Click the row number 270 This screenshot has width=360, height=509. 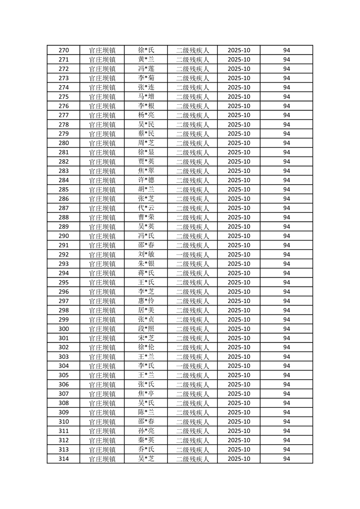click(64, 50)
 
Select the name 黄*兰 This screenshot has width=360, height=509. click(146, 59)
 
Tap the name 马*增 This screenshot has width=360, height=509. click(146, 97)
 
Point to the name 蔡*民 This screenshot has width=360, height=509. click(146, 134)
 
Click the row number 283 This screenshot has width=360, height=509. click(64, 171)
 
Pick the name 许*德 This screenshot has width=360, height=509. click(146, 180)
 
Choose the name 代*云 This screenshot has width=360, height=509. click(146, 208)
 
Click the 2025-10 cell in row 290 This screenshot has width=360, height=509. click(239, 236)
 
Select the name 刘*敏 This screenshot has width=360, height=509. click(146, 254)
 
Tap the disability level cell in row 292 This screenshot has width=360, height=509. click(192, 254)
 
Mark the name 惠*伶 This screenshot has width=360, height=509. click(146, 301)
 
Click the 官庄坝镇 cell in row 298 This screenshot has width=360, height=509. click(102, 310)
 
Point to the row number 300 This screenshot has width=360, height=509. click(64, 329)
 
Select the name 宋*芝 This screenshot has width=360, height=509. click(146, 338)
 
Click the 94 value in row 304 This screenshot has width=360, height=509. click(286, 366)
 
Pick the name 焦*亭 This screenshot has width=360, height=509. click(146, 394)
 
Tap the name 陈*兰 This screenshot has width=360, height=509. click(146, 412)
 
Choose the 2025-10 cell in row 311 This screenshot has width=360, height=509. click(239, 431)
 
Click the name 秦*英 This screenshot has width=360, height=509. click(146, 440)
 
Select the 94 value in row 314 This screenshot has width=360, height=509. click(286, 459)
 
